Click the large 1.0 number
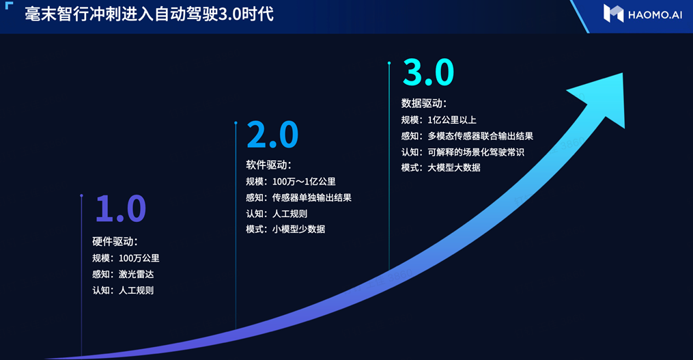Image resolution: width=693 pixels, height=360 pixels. click(x=120, y=208)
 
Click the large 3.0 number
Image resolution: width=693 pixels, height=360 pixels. click(x=428, y=72)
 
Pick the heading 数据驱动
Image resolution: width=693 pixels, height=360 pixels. click(x=424, y=103)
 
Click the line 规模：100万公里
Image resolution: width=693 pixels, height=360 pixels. click(x=126, y=258)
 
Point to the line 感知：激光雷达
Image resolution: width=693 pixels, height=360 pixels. click(x=121, y=275)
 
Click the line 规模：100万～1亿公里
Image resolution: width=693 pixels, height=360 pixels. click(x=291, y=182)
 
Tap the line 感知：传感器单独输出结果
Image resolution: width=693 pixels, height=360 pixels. click(x=298, y=198)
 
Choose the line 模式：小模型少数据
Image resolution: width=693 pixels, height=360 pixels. click(x=285, y=230)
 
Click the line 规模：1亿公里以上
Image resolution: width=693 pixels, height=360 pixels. click(x=438, y=120)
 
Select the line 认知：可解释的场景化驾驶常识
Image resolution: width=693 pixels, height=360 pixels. click(x=462, y=152)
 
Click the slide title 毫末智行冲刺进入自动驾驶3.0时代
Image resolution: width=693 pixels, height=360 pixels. click(x=150, y=14)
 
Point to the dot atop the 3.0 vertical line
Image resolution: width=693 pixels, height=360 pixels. click(x=389, y=64)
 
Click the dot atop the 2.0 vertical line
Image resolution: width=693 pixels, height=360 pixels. click(x=236, y=124)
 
